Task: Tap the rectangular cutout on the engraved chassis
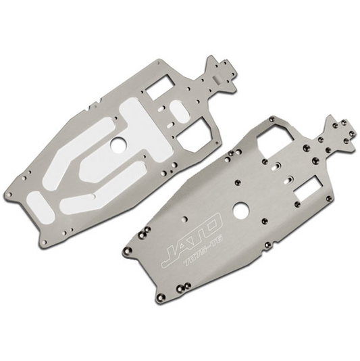click(310, 189)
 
